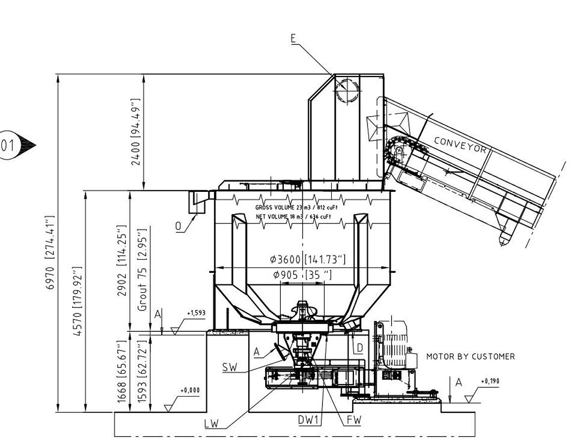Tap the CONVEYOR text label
(x=460, y=145)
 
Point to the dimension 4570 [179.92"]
(x=77, y=302)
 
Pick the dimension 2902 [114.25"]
(x=121, y=261)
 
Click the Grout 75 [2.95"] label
(x=143, y=269)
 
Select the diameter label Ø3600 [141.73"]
(x=308, y=259)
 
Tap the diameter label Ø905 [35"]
(x=302, y=275)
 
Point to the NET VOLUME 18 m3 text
(x=293, y=217)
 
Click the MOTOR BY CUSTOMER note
(x=470, y=356)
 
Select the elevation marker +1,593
(x=196, y=313)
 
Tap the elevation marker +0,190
(x=490, y=382)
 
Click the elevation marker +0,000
(x=190, y=391)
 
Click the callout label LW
(x=211, y=424)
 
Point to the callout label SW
(x=229, y=367)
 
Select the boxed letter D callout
(x=359, y=348)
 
